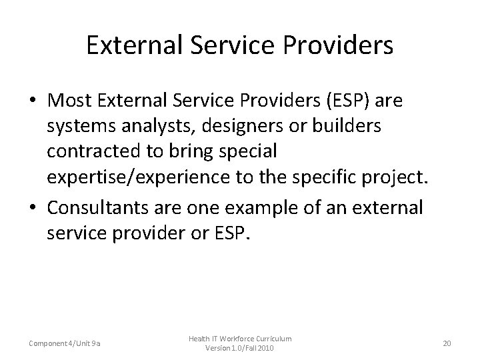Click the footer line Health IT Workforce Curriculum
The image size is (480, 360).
pos(239,339)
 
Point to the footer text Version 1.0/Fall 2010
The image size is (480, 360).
pos(240,349)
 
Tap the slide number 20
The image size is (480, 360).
pos(447,343)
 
